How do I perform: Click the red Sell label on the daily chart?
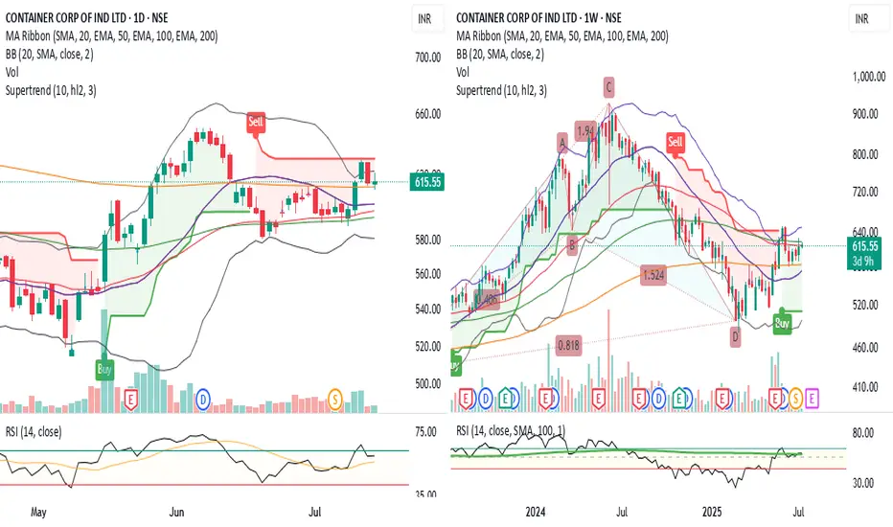pyautogui.click(x=257, y=123)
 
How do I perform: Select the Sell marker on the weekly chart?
pyautogui.click(x=675, y=144)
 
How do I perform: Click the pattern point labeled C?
pyautogui.click(x=608, y=88)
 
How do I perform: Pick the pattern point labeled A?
pyautogui.click(x=562, y=142)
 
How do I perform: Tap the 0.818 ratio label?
pyautogui.click(x=569, y=342)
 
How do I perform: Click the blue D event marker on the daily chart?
pyautogui.click(x=202, y=397)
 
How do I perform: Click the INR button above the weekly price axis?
pyautogui.click(x=861, y=18)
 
